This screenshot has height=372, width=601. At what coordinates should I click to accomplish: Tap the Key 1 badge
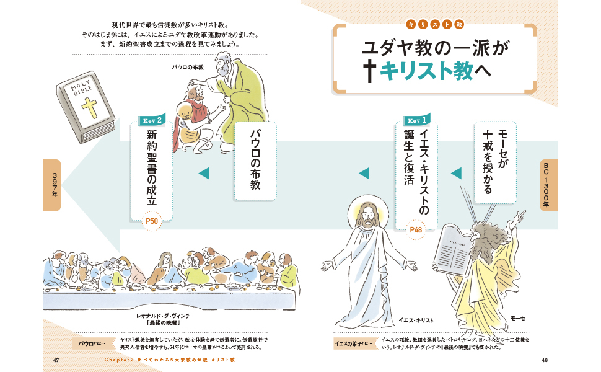tap(416, 120)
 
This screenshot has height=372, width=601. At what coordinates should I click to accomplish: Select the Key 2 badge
tap(152, 120)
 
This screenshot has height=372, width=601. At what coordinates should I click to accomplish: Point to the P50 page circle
tap(152, 220)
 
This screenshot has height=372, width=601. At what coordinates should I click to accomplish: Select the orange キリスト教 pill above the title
tap(434, 24)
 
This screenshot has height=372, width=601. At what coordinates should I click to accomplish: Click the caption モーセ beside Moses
tap(517, 318)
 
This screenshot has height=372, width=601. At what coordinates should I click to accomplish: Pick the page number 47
tap(56, 360)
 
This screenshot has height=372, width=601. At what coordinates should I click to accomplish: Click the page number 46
tap(545, 360)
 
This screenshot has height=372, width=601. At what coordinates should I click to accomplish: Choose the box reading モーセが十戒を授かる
tap(494, 162)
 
